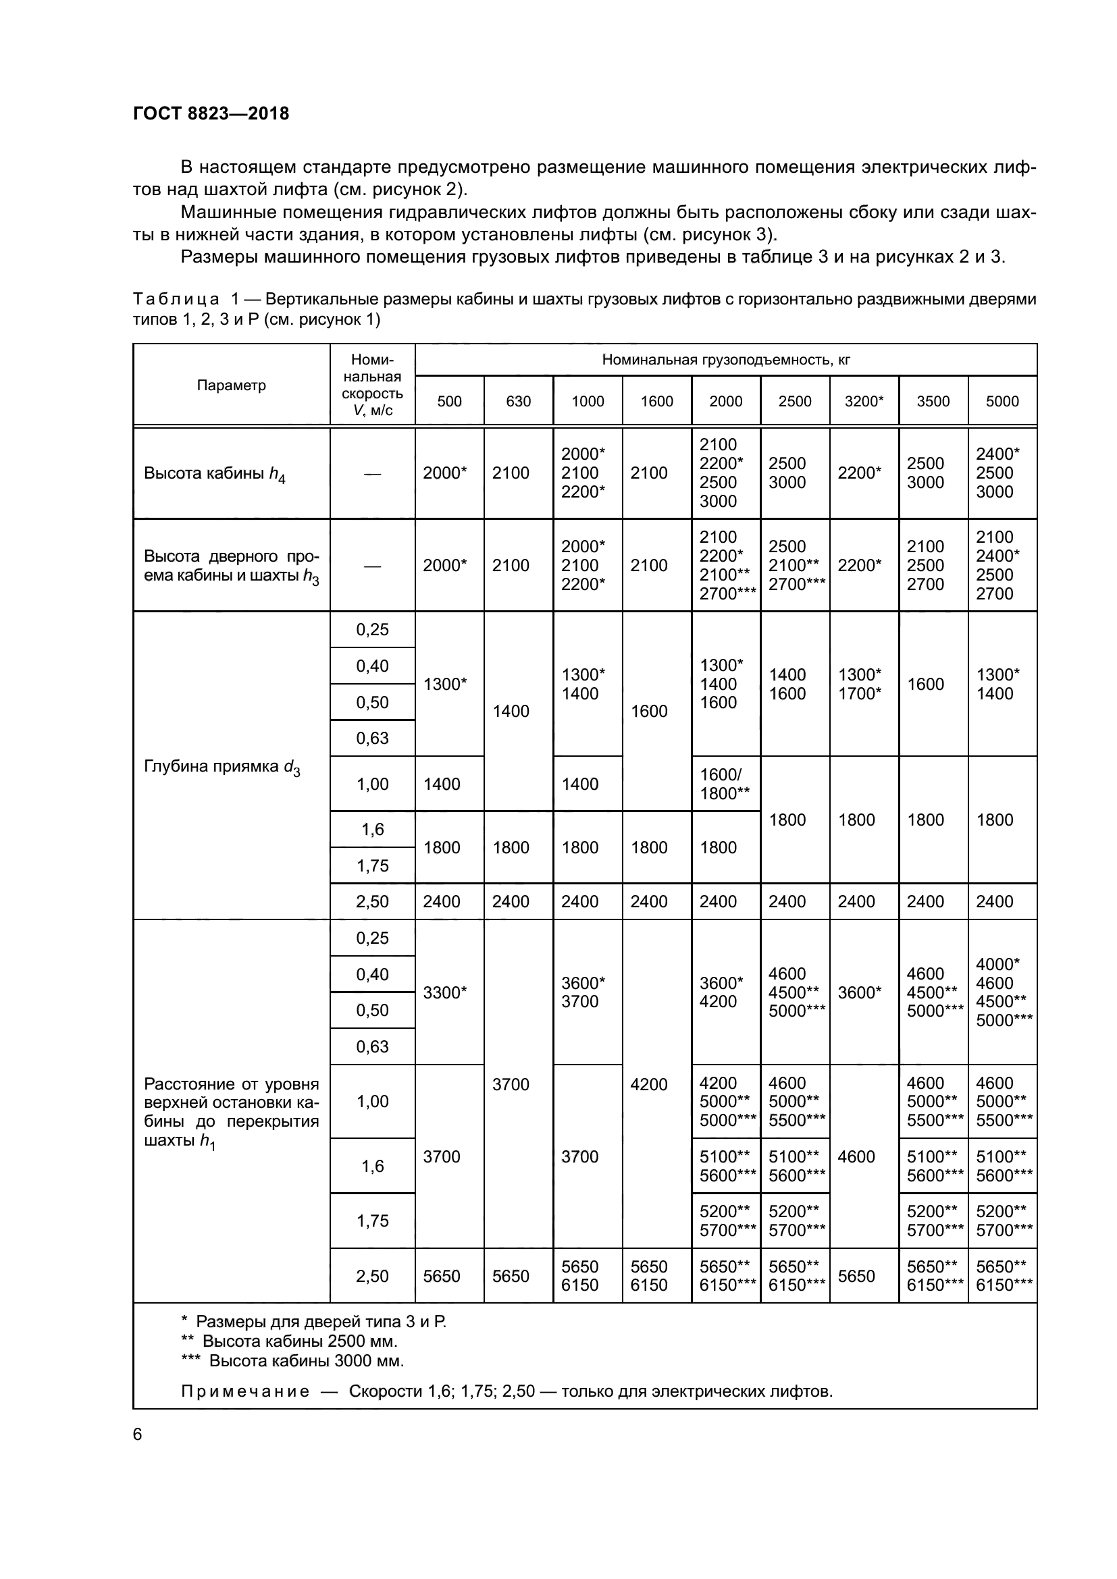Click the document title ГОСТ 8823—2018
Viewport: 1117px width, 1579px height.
click(211, 113)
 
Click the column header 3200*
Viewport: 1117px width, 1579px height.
click(864, 401)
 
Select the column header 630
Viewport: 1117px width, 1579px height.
click(518, 401)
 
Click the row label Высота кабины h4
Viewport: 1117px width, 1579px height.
click(215, 474)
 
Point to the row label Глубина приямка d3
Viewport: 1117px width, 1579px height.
click(222, 767)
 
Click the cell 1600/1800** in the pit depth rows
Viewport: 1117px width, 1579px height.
click(724, 784)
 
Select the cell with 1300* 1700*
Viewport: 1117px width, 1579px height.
click(860, 684)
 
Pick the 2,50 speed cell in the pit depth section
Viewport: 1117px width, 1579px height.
click(372, 902)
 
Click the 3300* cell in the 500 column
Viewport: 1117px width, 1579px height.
click(445, 992)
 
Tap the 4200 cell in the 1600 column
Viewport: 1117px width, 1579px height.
click(648, 1085)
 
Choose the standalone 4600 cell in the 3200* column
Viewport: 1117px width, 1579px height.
click(856, 1157)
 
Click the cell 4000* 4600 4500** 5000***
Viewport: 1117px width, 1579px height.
click(1002, 992)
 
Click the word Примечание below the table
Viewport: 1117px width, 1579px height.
click(245, 1391)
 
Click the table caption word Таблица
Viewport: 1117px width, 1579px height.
click(177, 300)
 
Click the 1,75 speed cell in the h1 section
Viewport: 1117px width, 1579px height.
click(372, 1221)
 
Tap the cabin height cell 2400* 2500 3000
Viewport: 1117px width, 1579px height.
click(997, 473)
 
